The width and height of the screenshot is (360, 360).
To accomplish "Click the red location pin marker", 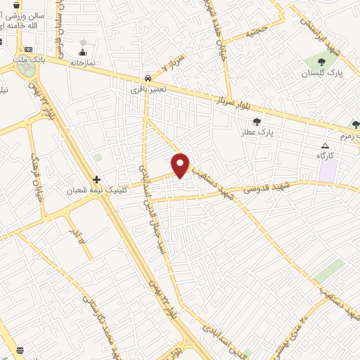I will click(x=181, y=165).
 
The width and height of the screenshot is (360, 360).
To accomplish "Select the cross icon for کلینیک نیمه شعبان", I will click(x=96, y=179).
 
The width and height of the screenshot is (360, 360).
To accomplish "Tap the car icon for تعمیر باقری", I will click(x=147, y=79).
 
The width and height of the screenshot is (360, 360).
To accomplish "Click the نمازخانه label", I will click(x=82, y=63).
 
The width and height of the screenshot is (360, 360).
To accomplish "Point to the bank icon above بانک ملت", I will click(x=29, y=49).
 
